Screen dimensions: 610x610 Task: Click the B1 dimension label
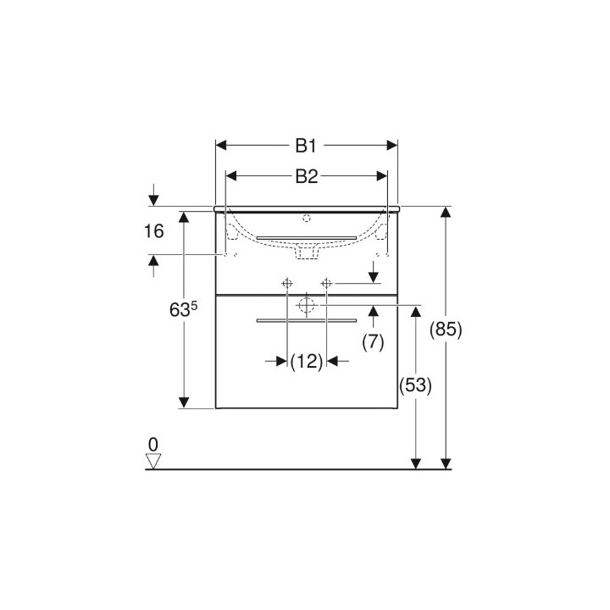click(x=306, y=146)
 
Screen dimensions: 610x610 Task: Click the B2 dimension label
click(x=306, y=176)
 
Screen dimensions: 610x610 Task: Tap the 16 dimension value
click(x=153, y=231)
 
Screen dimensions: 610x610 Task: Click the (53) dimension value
click(x=415, y=385)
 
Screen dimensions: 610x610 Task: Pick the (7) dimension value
click(x=373, y=342)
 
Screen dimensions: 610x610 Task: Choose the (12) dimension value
click(x=307, y=362)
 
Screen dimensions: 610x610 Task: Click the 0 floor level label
click(x=152, y=444)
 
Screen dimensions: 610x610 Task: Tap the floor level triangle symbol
click(x=152, y=460)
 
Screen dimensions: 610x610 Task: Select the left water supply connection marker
click(x=287, y=282)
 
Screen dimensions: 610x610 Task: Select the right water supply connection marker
click(x=325, y=282)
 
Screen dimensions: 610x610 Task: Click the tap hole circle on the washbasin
click(x=307, y=218)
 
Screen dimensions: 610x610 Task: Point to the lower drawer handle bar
click(x=307, y=321)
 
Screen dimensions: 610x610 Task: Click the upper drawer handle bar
click(x=306, y=236)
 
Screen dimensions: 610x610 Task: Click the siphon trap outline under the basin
click(x=306, y=250)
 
